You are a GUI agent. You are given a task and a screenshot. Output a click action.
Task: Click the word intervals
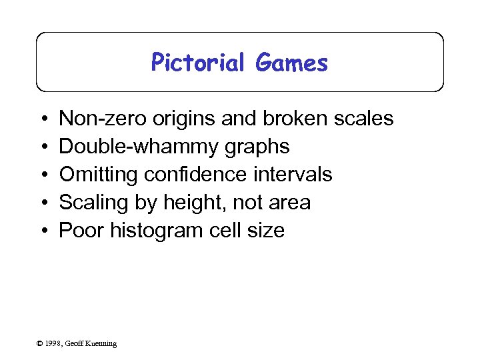(293, 175)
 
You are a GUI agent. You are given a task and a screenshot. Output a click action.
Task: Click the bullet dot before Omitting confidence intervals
(43, 175)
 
